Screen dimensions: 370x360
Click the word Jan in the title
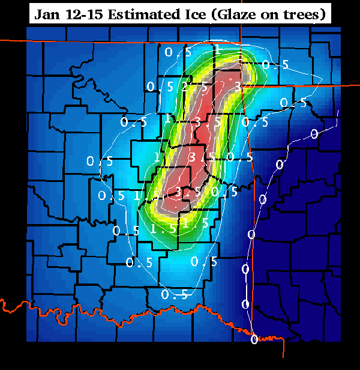click(x=47, y=14)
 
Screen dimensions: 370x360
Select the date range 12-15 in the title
click(x=83, y=14)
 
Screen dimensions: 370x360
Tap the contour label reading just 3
click(x=238, y=86)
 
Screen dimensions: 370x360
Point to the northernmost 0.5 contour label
click(x=178, y=52)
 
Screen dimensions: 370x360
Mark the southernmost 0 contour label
click(x=254, y=339)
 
